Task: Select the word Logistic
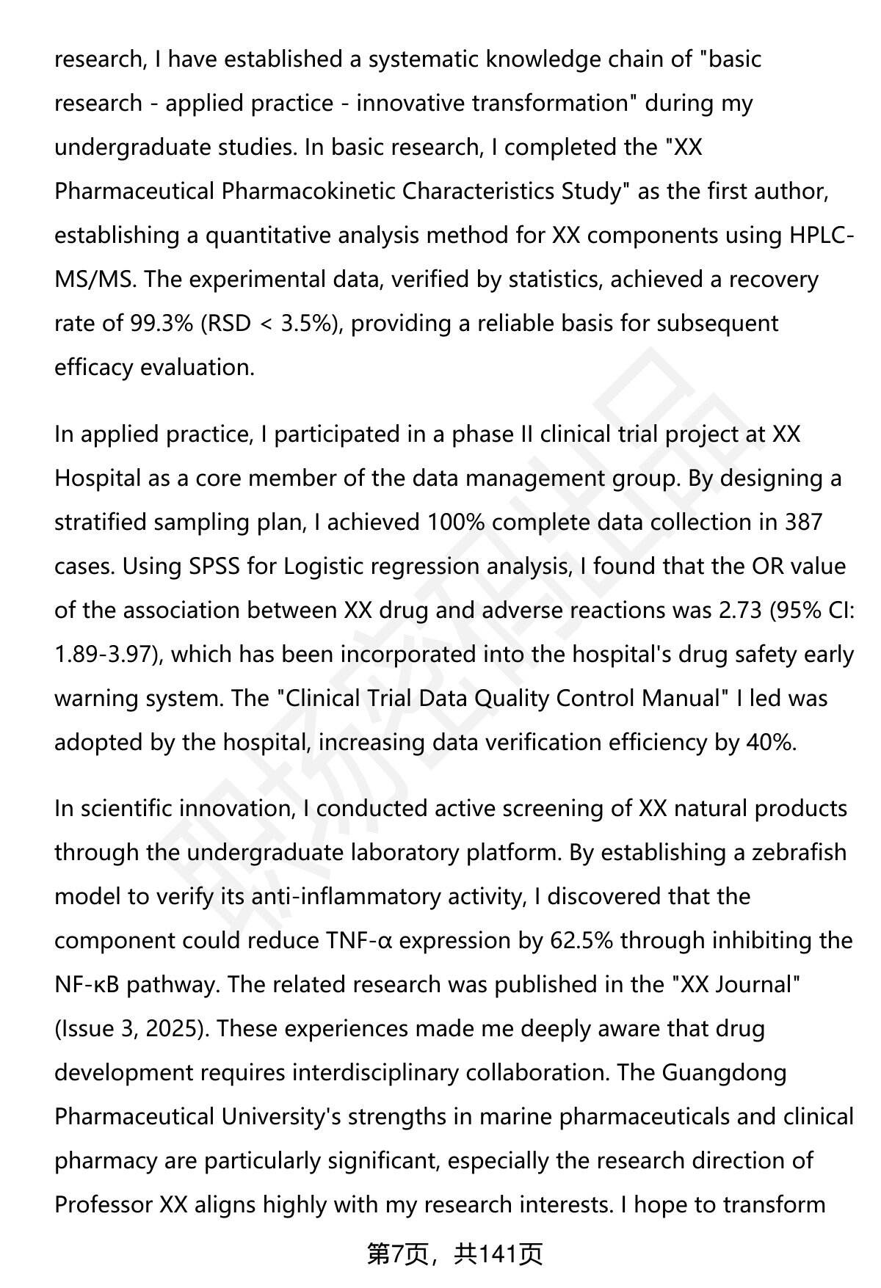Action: tap(336, 567)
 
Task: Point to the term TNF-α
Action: tap(359, 941)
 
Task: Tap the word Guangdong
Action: tap(724, 1073)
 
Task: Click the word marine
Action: tap(516, 1117)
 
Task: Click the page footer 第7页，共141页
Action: tap(454, 1254)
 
